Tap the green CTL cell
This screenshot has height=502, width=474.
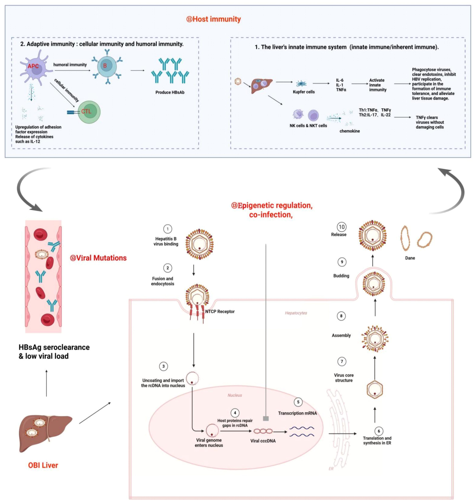tap(88, 112)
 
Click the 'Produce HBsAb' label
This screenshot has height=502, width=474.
tap(170, 92)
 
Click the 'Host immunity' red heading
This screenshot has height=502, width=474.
tap(213, 19)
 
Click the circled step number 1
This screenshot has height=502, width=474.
tap(168, 229)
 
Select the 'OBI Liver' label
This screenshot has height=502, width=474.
tap(43, 465)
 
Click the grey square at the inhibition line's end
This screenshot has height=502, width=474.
tap(266, 419)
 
